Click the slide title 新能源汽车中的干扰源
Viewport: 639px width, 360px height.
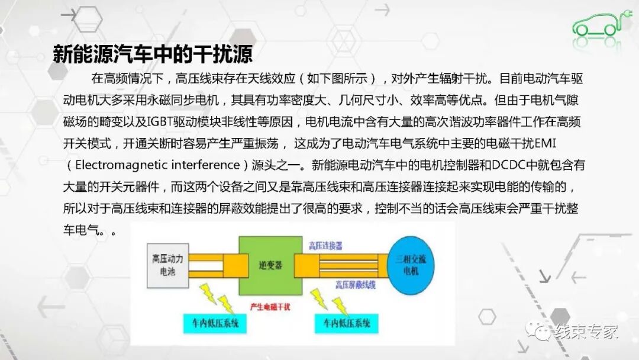(153, 54)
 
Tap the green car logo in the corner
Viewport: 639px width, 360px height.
(598, 24)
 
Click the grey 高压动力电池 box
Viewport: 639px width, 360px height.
(167, 263)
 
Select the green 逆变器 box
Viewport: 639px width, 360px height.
(266, 266)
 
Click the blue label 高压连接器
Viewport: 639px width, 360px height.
(325, 245)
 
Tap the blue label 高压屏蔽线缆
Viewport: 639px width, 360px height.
(355, 285)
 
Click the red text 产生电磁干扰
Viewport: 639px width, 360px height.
(270, 306)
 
